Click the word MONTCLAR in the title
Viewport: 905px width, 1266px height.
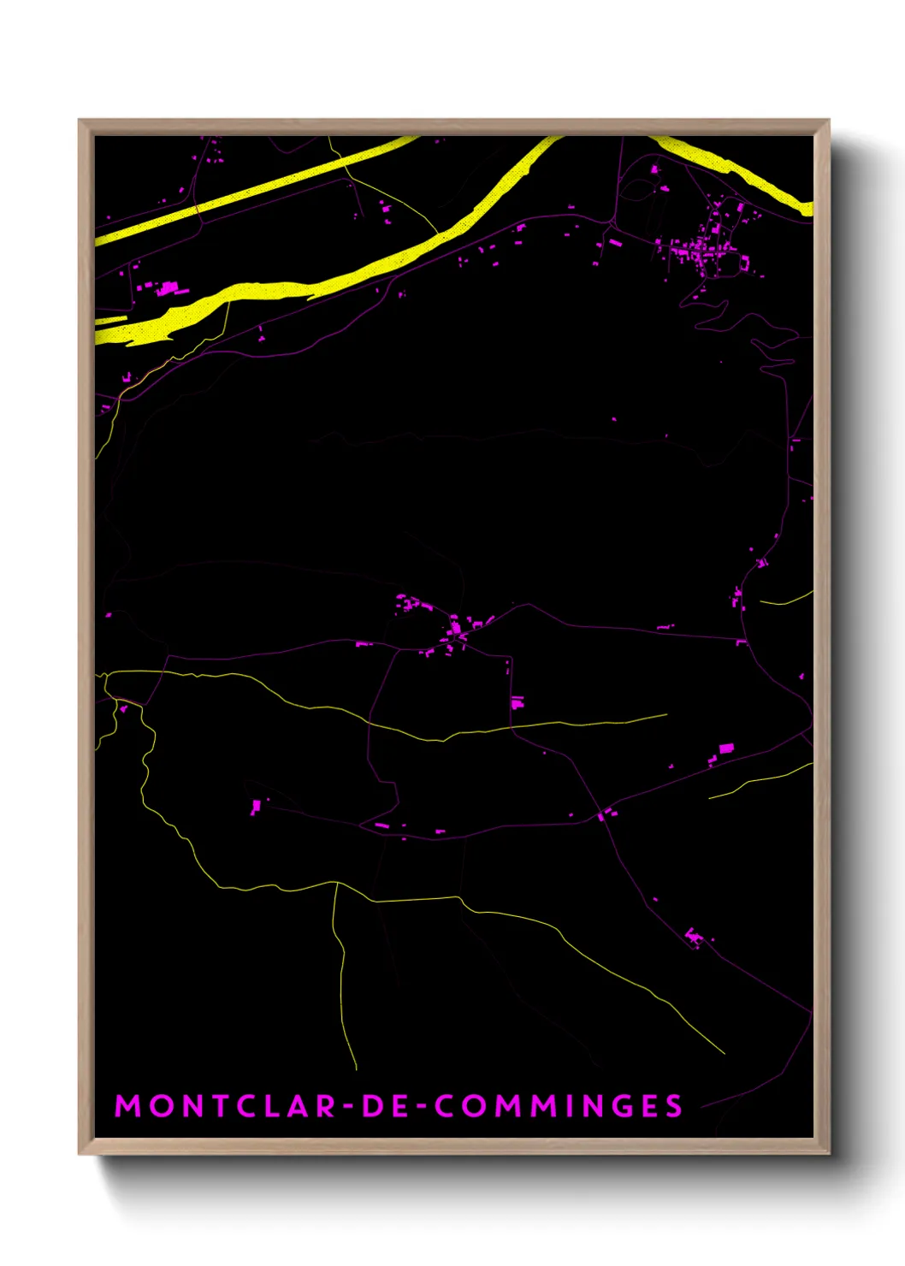point(226,1106)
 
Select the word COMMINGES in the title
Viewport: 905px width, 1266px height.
point(559,1106)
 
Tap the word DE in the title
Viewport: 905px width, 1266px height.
point(386,1106)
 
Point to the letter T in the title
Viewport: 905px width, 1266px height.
point(223,1106)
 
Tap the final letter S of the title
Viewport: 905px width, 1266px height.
point(674,1106)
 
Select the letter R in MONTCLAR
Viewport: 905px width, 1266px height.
point(325,1106)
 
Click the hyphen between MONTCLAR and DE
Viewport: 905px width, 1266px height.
point(348,1107)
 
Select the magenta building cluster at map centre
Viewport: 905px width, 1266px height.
point(455,631)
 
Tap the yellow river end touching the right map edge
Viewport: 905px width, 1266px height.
point(807,206)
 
